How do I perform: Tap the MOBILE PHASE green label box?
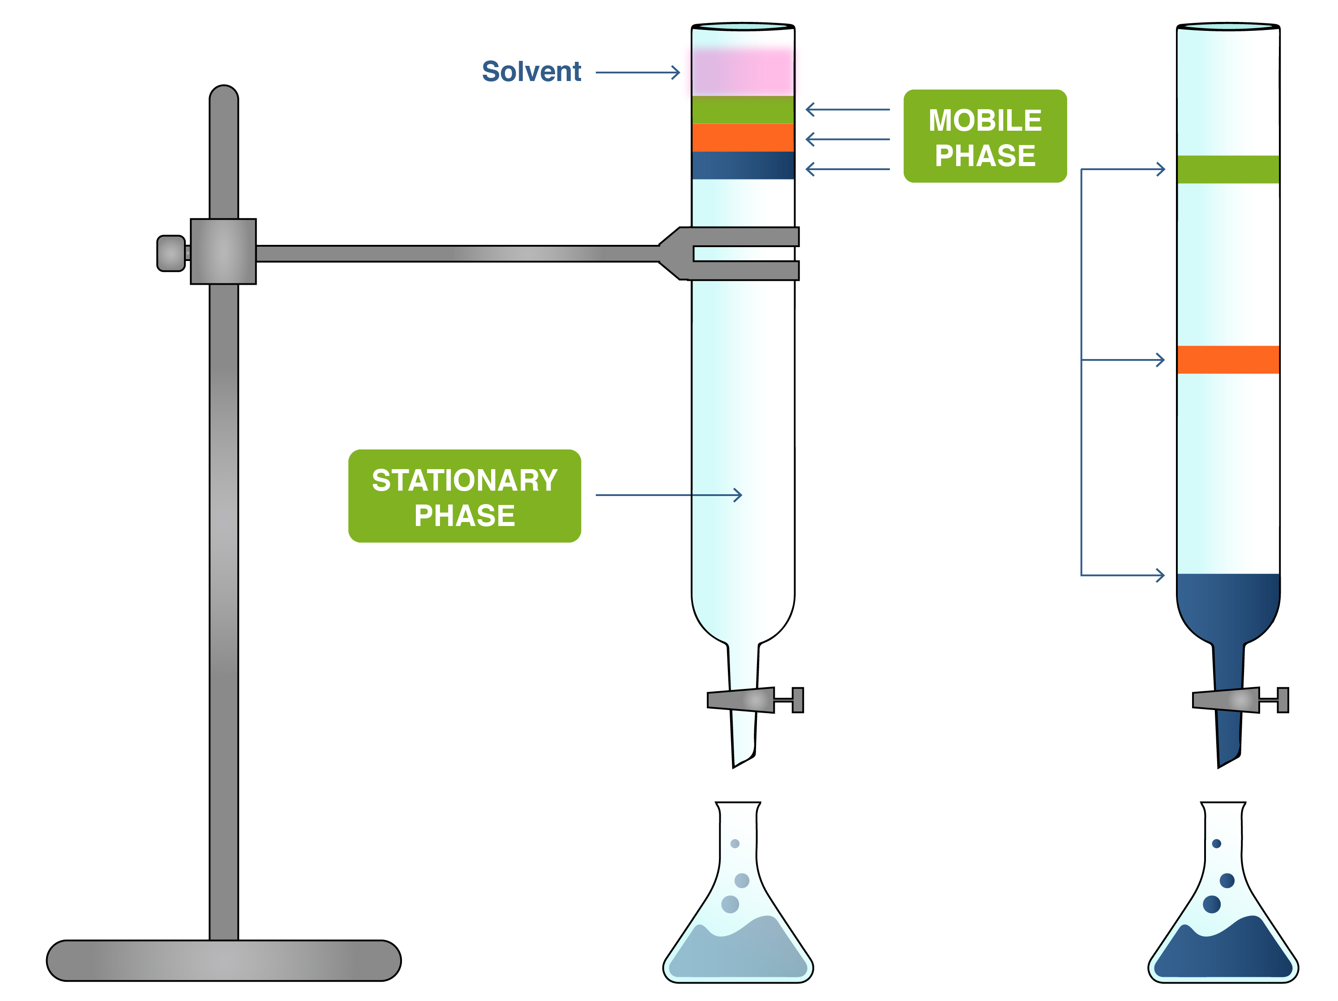[x=984, y=137]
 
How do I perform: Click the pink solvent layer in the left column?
[x=742, y=71]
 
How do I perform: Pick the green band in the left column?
[x=742, y=110]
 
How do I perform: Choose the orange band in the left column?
[x=742, y=138]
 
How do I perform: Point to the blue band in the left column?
[x=742, y=165]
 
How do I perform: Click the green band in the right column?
[x=1227, y=169]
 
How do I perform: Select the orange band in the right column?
[x=1227, y=360]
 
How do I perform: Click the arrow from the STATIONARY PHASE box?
[x=668, y=496]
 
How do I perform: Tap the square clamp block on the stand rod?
[x=223, y=252]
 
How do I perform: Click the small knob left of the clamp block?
[x=171, y=253]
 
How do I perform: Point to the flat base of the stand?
[x=223, y=960]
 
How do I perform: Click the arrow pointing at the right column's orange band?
[x=1123, y=360]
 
